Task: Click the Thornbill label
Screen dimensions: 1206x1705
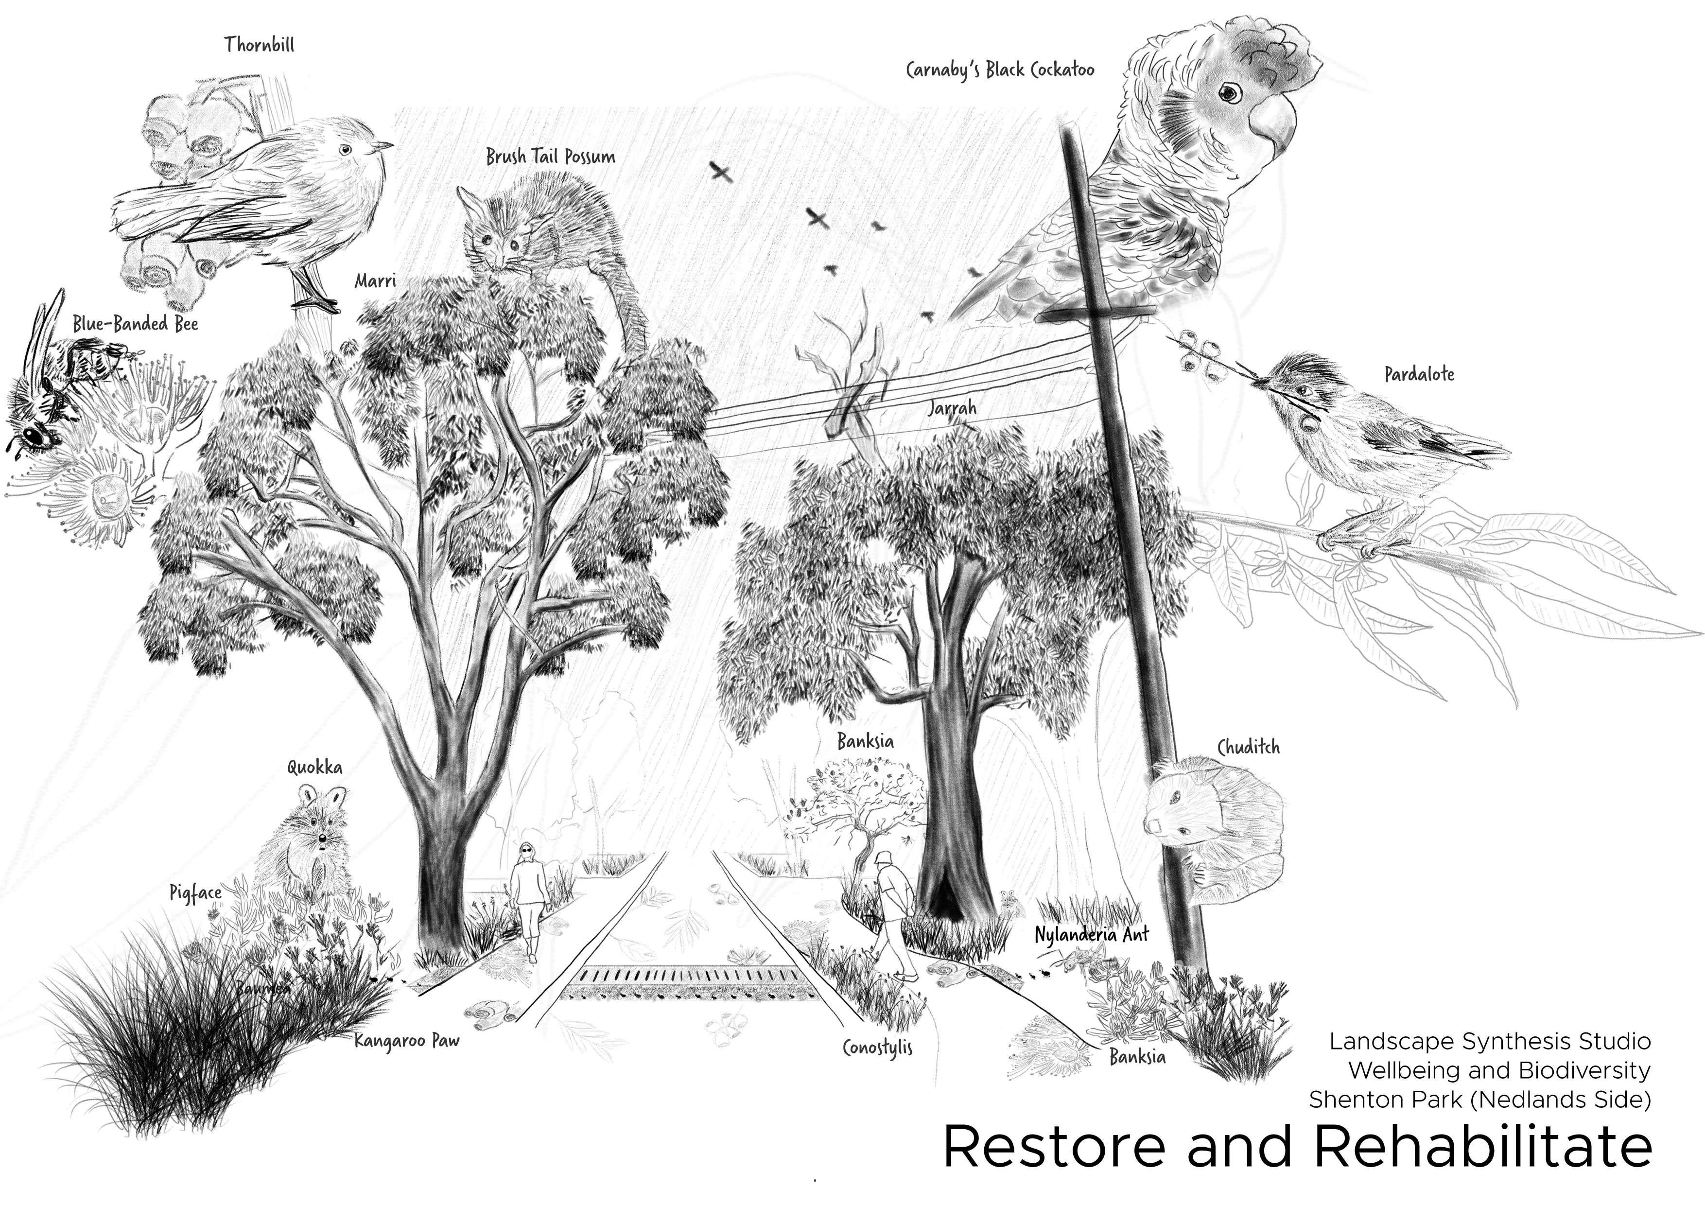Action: [259, 45]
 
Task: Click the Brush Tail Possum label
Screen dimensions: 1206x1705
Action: [550, 157]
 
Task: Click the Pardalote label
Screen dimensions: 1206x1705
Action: [1418, 374]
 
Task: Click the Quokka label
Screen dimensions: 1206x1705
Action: [315, 767]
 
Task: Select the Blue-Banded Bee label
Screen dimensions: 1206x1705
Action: [135, 324]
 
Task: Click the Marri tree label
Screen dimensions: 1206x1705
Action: [375, 280]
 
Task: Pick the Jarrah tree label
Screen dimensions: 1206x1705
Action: [952, 408]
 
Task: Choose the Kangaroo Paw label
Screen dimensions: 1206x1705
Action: [406, 1040]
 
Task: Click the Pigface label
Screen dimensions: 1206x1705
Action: [195, 892]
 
